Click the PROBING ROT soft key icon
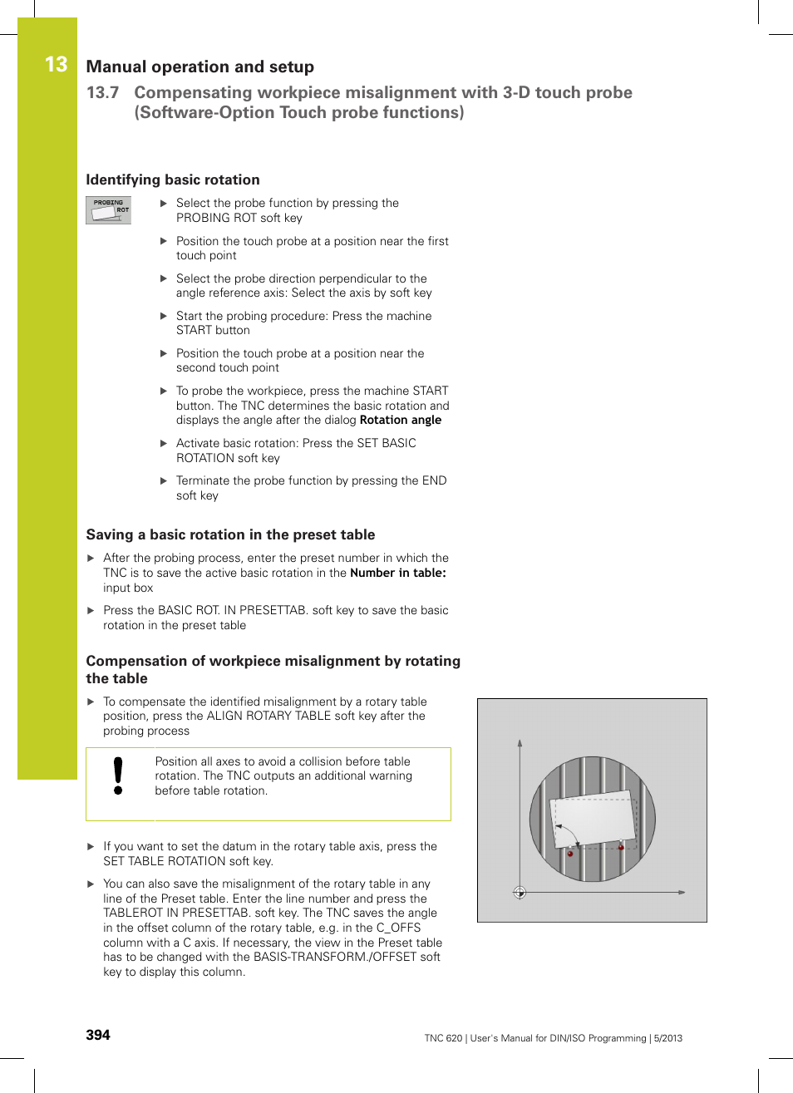pos(108,209)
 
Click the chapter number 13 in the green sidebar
pos(56,65)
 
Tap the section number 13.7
pos(102,92)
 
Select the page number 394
pos(98,1035)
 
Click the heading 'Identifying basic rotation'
pos(173,180)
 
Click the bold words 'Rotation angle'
pos(400,420)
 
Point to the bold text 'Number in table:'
pos(397,573)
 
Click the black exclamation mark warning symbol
pos(118,775)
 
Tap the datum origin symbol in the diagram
pos(520,893)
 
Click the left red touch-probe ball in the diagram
pos(570,854)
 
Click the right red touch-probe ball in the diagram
pos(621,847)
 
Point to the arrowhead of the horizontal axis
pos(681,893)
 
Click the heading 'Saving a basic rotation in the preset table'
pos(230,534)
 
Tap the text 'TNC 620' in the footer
pos(442,1038)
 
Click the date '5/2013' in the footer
pos(667,1038)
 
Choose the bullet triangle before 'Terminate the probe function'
pos(164,480)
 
